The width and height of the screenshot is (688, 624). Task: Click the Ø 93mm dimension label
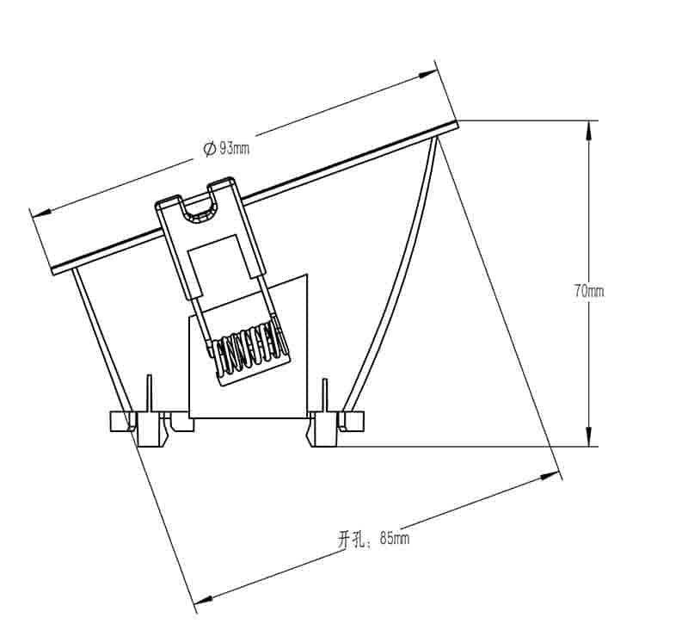click(x=226, y=148)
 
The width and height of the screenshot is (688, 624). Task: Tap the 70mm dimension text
click(x=589, y=291)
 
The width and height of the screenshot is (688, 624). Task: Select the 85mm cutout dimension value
click(x=395, y=537)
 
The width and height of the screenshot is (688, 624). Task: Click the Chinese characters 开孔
click(x=351, y=540)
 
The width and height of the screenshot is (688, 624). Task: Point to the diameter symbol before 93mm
click(x=209, y=149)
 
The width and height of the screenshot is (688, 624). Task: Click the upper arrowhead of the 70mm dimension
click(x=589, y=131)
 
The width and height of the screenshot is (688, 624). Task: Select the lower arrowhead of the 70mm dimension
click(x=589, y=436)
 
